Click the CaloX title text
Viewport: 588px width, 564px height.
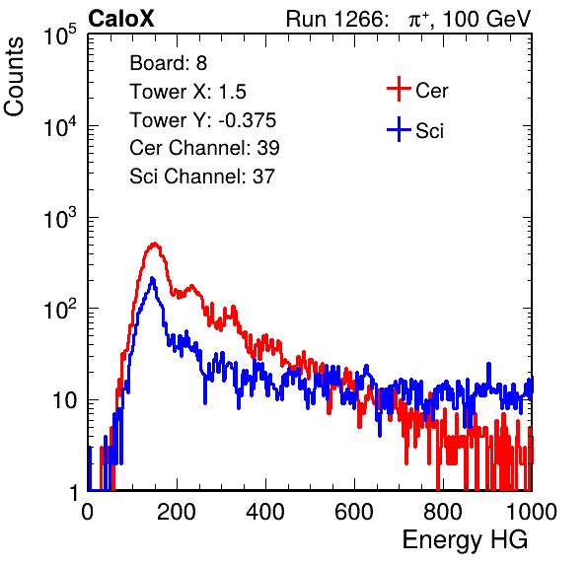point(121,19)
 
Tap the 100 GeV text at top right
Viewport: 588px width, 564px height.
point(486,19)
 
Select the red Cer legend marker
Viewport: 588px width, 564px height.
point(399,89)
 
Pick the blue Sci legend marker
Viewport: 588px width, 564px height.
point(399,130)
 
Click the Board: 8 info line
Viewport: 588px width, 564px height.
point(168,63)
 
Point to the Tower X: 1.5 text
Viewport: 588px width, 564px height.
point(187,92)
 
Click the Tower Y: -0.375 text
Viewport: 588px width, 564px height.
point(202,120)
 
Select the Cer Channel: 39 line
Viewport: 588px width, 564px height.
point(204,148)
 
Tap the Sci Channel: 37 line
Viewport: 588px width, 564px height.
point(202,176)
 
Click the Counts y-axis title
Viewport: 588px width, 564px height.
point(14,77)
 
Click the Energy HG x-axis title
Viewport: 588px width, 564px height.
point(465,540)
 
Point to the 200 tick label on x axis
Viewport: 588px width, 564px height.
point(177,511)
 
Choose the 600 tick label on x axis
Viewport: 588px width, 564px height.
point(354,511)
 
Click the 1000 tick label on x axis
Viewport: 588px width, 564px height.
point(532,511)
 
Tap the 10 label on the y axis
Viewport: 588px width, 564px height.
point(65,400)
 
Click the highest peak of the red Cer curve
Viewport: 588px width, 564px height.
point(154,244)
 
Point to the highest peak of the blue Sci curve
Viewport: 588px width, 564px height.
point(152,278)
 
